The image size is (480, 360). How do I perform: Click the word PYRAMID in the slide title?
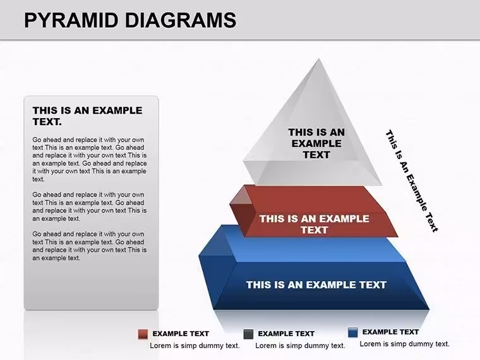tap(71, 20)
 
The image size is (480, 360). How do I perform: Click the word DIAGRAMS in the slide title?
tap(181, 20)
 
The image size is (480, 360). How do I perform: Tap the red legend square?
tap(143, 334)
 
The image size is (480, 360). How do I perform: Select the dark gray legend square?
tap(248, 334)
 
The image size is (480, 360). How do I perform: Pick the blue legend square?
tap(353, 332)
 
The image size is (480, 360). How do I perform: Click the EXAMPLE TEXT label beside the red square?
tap(181, 333)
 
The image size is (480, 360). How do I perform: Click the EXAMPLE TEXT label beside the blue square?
tap(390, 332)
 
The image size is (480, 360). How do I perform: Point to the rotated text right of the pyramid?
tap(412, 181)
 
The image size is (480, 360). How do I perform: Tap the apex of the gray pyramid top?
tap(319, 59)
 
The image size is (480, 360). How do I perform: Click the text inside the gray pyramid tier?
tap(316, 143)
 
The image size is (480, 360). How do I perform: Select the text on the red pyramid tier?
tap(314, 224)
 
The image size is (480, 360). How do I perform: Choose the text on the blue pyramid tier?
tap(316, 285)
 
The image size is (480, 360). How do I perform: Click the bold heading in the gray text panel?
tap(88, 116)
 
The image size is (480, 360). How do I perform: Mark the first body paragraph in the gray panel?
tap(90, 159)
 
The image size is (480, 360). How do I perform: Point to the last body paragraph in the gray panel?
tap(90, 246)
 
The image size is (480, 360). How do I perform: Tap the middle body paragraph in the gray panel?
tap(90, 207)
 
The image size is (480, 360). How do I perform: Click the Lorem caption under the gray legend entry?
tap(300, 345)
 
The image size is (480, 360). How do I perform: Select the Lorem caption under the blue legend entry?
tap(405, 344)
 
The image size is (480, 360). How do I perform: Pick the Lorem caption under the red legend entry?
tap(195, 345)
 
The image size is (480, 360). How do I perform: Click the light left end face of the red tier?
tap(241, 196)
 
